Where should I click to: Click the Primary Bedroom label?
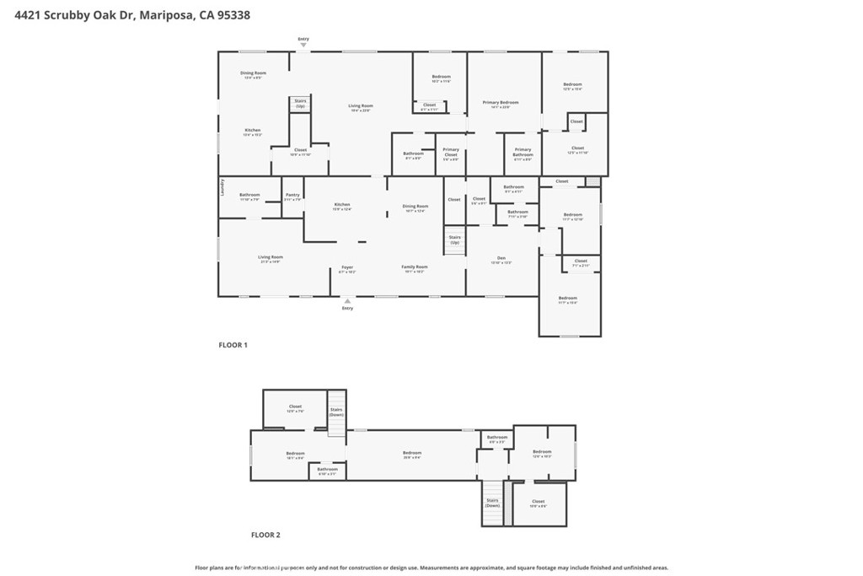coord(500,103)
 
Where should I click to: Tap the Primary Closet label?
coord(451,153)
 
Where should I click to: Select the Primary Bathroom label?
coord(523,153)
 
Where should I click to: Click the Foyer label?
coord(347,267)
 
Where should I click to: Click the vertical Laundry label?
coord(222,186)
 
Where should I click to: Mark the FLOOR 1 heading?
coord(233,345)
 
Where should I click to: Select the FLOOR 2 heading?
coord(265,535)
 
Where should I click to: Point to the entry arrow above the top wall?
coord(303,44)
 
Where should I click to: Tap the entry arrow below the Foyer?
coord(347,301)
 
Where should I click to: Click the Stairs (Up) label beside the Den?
coord(454,240)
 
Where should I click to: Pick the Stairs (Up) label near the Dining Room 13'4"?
coord(300,103)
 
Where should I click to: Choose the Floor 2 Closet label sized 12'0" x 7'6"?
coord(295,407)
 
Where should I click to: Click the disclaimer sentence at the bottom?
coord(431,568)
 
